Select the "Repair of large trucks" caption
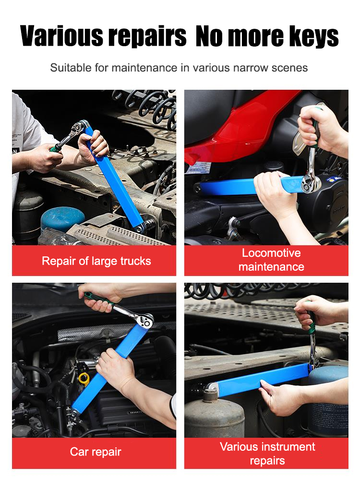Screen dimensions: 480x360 96,261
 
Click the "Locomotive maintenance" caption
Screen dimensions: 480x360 271,260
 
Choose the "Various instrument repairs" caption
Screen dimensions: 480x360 267,454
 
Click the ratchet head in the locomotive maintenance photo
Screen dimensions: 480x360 311,184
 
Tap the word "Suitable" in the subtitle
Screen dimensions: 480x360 71,68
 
